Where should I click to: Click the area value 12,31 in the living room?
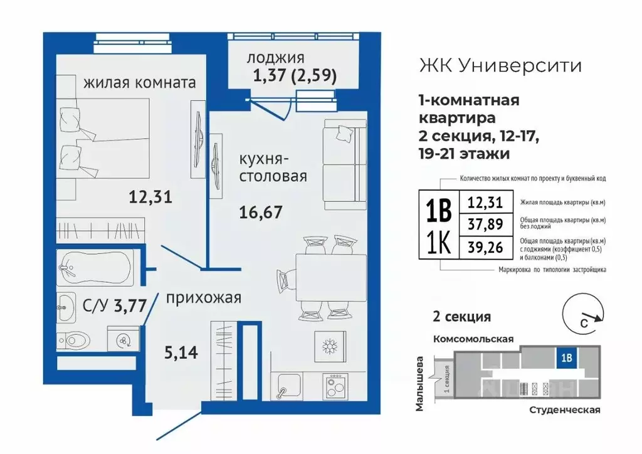click(x=150, y=198)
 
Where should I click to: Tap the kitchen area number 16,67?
click(x=261, y=211)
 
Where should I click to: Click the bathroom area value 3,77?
click(x=130, y=306)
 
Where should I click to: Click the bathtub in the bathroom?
click(x=95, y=268)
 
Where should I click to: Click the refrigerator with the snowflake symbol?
click(x=329, y=346)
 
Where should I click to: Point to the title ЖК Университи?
click(x=499, y=65)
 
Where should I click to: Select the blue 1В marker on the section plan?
click(x=566, y=359)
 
